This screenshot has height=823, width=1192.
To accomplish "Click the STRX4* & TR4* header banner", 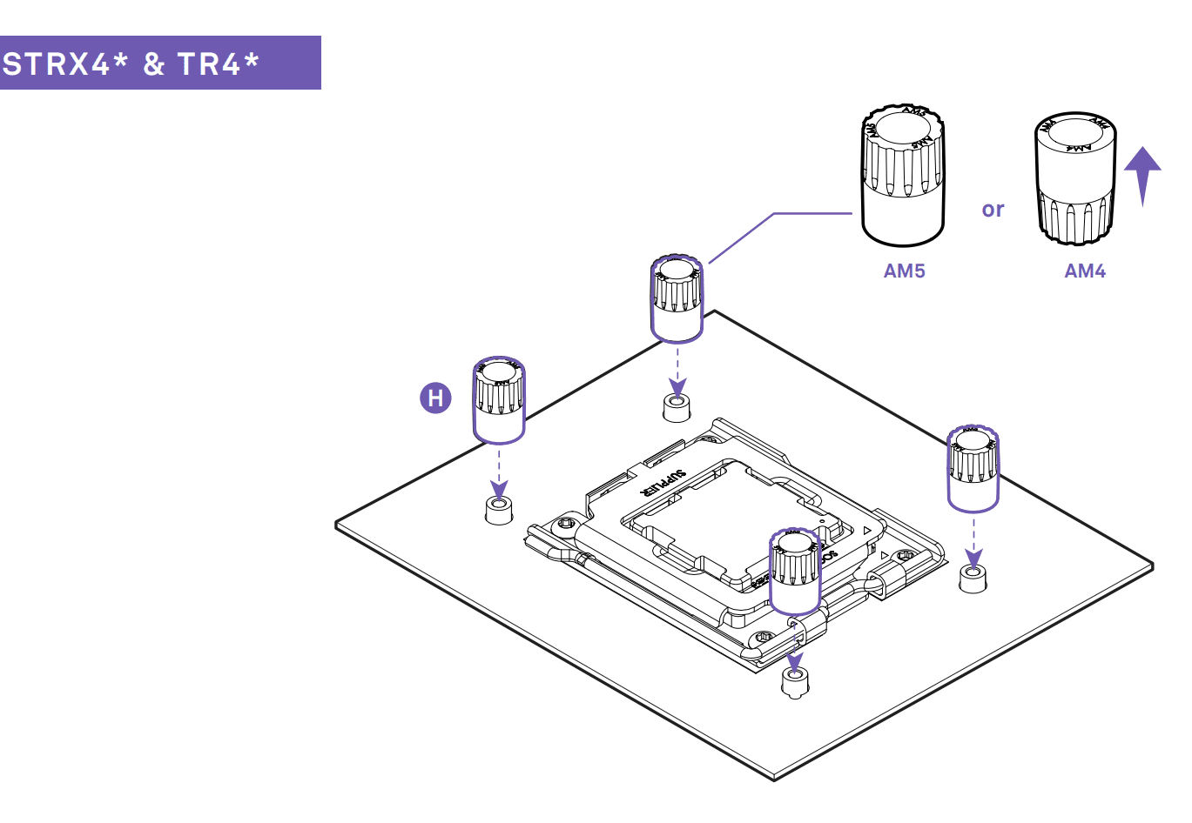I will click(x=160, y=63).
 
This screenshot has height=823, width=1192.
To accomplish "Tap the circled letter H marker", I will click(x=436, y=398).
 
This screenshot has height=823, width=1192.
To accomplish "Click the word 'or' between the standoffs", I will click(x=993, y=210).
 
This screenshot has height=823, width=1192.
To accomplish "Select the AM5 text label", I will click(x=904, y=271).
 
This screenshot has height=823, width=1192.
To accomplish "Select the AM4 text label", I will click(x=1085, y=271).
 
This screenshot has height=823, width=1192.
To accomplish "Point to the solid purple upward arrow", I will click(x=1142, y=174).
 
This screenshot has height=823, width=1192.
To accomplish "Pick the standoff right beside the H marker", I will click(x=498, y=399).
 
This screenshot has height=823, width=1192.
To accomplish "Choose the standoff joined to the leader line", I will click(x=677, y=298).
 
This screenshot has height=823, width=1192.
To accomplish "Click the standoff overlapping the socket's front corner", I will click(x=794, y=571).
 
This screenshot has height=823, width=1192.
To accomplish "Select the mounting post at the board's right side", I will click(x=973, y=578).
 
